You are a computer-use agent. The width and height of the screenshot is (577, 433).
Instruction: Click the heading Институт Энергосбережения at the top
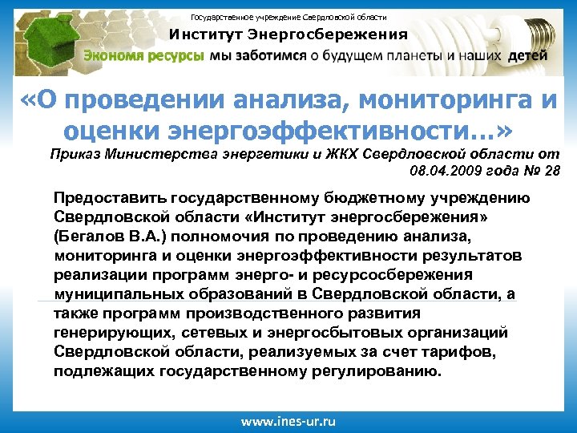coord(288,34)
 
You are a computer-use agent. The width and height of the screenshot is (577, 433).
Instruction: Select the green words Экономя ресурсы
coord(145,56)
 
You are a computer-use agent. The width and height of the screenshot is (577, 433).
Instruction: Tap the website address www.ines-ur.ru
coord(288,421)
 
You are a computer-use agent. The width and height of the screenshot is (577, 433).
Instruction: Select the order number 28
coord(552,170)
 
